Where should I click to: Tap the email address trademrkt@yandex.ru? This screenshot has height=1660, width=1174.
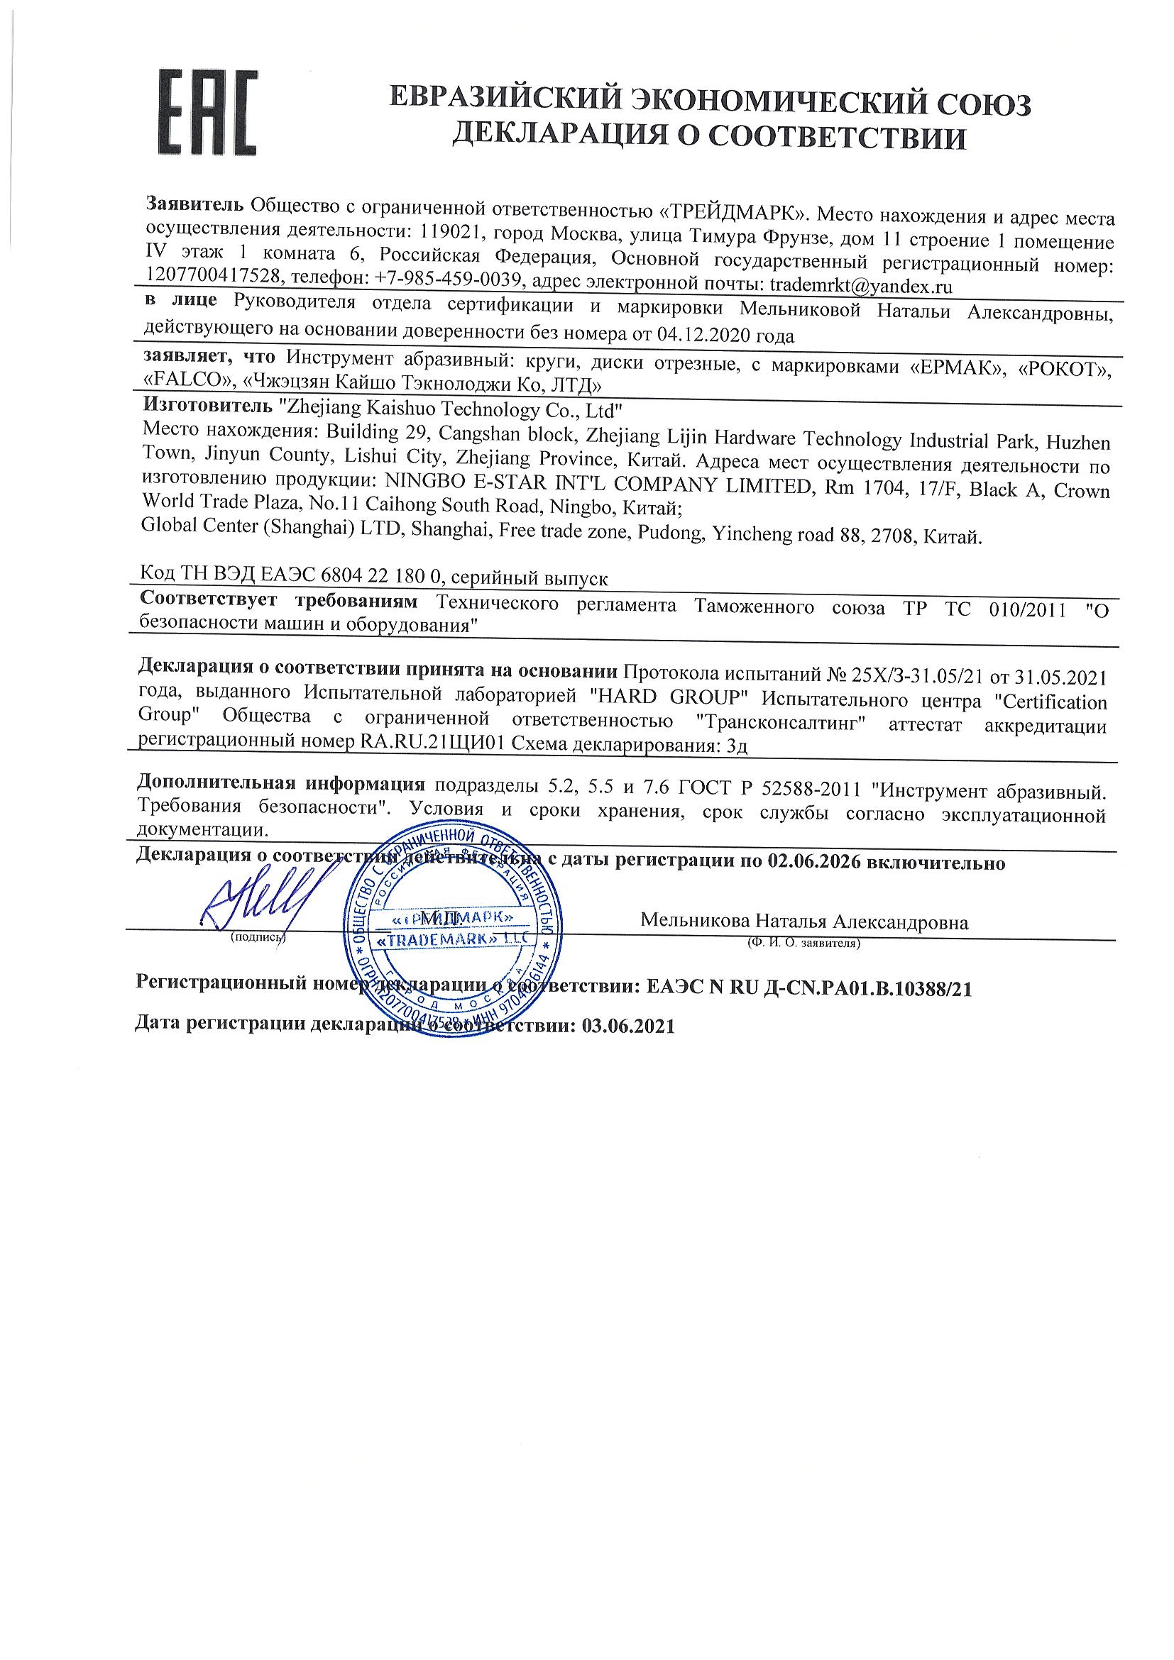click(860, 286)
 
